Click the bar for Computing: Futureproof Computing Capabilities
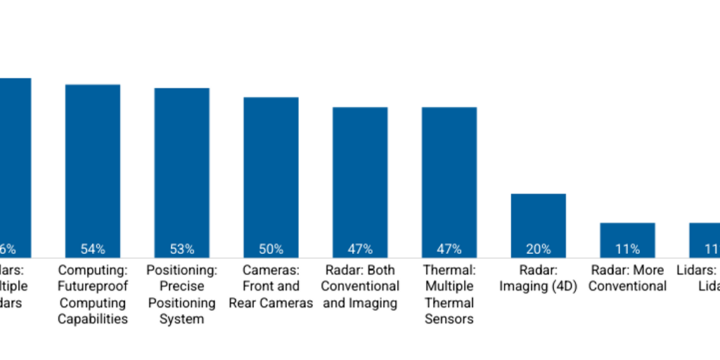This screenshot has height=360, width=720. coord(93,169)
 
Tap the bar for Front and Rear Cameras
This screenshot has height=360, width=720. coord(271,176)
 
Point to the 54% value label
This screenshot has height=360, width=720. coord(93,249)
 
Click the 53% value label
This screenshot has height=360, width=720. coord(182,249)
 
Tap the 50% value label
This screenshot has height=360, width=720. coord(271,249)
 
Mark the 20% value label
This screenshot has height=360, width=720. coord(538,249)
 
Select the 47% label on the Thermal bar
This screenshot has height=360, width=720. coord(449,249)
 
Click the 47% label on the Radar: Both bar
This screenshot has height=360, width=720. coord(360,249)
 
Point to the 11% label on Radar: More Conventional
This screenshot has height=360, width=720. coord(627,249)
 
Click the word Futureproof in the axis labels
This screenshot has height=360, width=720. coord(93,286)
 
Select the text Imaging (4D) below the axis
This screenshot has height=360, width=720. coord(538,286)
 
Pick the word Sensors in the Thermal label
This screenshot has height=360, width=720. coord(449,319)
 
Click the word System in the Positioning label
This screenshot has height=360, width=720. coord(182,319)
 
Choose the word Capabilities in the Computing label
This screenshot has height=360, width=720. coord(93,319)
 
